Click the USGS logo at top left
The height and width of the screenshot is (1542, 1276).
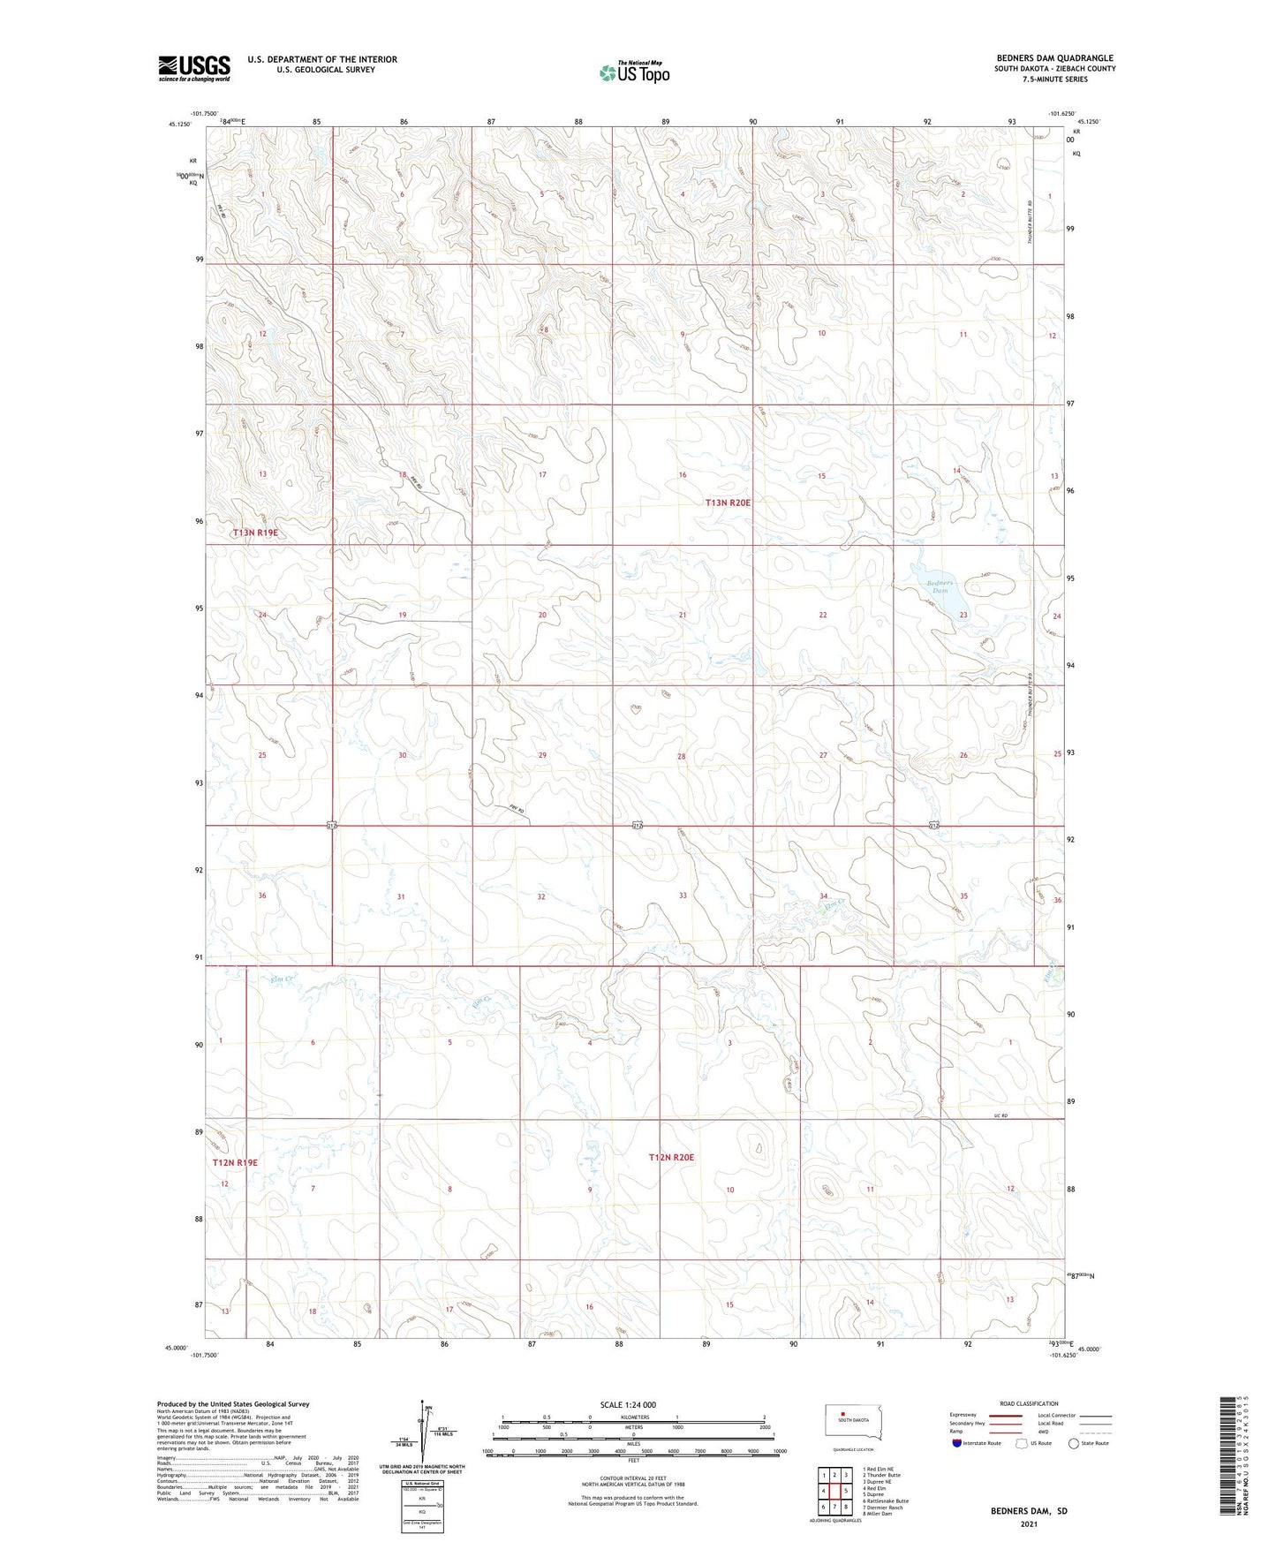click(193, 68)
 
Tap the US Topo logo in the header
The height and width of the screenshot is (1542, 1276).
click(634, 72)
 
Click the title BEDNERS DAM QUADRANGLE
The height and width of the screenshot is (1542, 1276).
click(1053, 58)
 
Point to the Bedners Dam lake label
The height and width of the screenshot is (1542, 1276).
click(940, 586)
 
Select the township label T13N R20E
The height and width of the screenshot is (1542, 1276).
click(728, 503)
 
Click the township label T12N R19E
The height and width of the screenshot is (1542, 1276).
click(235, 1163)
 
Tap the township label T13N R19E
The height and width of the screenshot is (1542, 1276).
click(255, 533)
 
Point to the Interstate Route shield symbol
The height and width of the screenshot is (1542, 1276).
click(957, 1443)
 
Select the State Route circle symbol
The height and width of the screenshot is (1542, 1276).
click(1074, 1443)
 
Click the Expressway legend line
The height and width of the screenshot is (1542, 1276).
click(1005, 1415)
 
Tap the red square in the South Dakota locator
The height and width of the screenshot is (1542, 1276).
click(842, 1412)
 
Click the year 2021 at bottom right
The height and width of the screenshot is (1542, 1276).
click(1028, 1524)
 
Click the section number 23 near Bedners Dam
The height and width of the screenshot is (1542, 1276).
click(963, 615)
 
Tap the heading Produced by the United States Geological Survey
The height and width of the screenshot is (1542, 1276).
click(233, 1403)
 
